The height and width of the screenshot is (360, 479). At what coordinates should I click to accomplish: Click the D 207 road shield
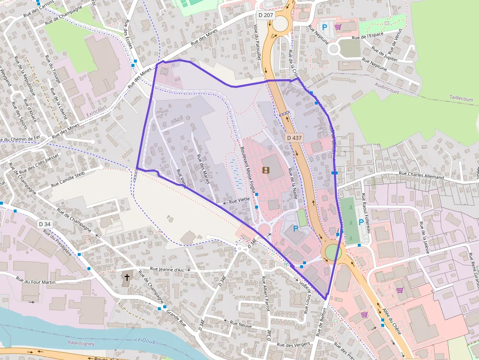[x=266, y=15]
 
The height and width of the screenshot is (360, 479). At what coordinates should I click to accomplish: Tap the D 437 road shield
[x=295, y=138]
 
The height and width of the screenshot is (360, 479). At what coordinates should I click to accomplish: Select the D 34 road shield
[x=44, y=224]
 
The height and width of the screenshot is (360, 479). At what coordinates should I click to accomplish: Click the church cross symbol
[x=127, y=277]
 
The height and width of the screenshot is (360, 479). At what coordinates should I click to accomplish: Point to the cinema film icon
[x=265, y=170]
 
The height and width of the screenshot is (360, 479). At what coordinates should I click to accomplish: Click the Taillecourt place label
[x=461, y=99]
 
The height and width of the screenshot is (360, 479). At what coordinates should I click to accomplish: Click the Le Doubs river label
[x=146, y=340]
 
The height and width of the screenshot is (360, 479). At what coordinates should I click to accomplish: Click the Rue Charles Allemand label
[x=421, y=175]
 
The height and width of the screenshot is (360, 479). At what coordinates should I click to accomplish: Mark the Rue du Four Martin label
[x=36, y=281]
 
